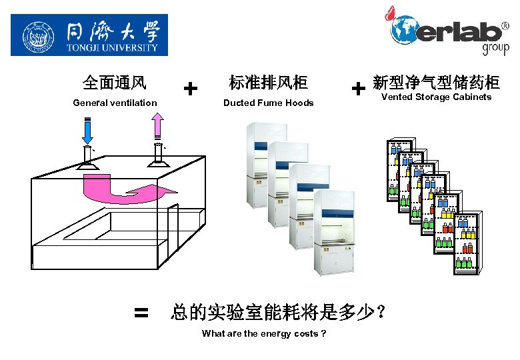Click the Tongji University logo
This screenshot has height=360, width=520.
pos(89,35)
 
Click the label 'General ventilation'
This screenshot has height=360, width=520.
pos(115,103)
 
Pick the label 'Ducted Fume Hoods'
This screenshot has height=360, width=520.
pos(268,103)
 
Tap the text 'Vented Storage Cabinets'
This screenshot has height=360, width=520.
pos(436,97)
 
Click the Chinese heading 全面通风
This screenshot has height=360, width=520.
pos(115,83)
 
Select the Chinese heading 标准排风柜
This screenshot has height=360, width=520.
pos(268,83)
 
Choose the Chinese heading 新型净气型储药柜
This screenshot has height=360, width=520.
pos(437,83)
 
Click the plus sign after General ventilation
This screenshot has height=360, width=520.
pos(191,88)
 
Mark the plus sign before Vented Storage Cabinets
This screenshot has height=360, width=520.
pos(358,88)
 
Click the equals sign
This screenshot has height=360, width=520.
pos(141,312)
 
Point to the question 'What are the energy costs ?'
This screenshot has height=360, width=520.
pos(264,333)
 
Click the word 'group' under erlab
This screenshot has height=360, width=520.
pos(495,49)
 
